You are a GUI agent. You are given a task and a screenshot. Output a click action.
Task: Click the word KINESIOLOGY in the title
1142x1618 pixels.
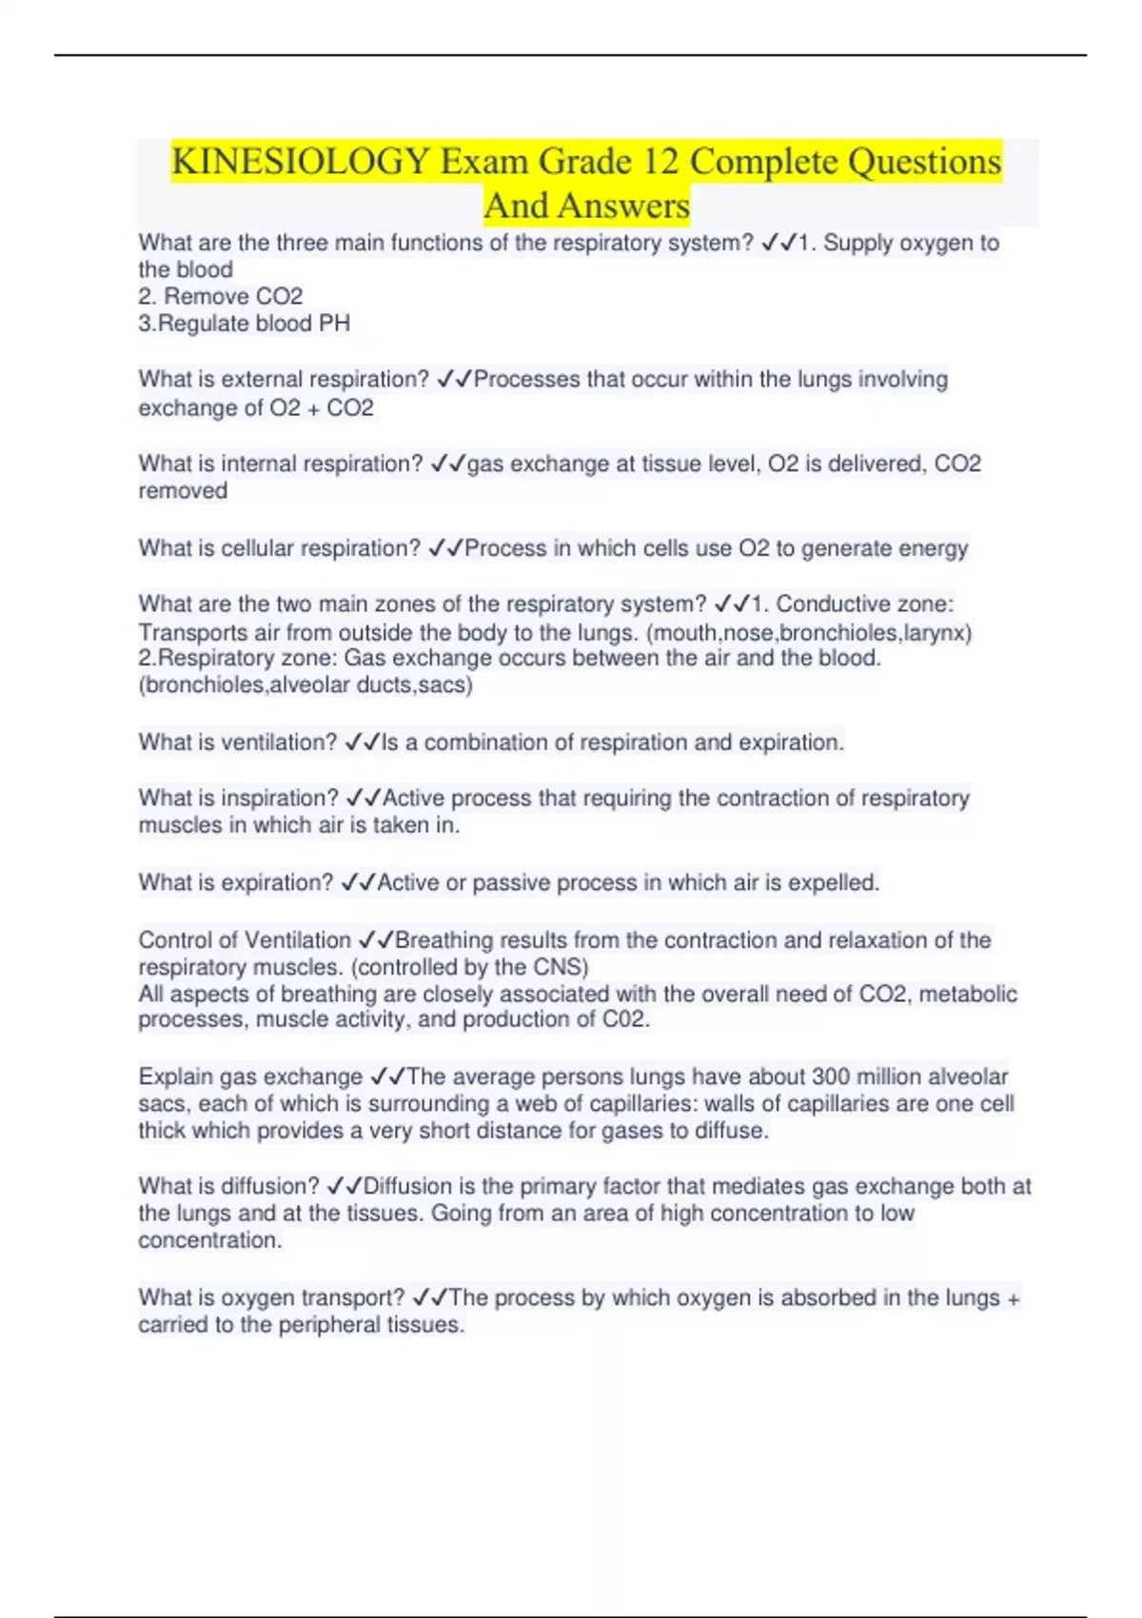tap(301, 161)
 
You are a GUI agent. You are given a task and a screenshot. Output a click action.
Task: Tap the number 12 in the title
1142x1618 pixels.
tap(660, 161)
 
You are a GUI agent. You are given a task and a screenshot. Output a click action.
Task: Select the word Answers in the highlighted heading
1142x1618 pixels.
tap(623, 206)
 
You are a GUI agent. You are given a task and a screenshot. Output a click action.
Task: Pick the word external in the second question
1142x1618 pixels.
tap(259, 379)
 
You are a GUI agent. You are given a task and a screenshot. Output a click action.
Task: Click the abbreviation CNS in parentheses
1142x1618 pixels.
tap(558, 967)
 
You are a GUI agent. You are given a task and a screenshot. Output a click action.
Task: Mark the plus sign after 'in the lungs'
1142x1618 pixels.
tap(1013, 1298)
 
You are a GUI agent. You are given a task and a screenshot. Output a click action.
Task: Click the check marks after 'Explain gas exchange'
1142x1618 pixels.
tap(387, 1076)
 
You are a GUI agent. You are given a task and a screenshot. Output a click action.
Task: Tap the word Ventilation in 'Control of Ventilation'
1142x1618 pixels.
tap(298, 939)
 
